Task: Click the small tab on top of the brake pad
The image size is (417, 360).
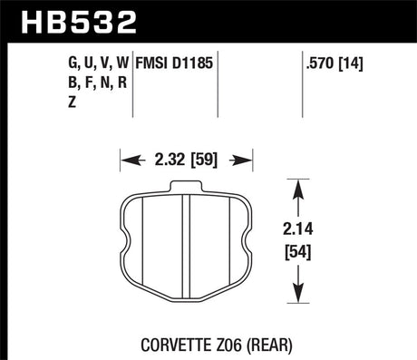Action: (x=185, y=188)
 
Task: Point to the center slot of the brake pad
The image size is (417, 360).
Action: (x=185, y=245)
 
